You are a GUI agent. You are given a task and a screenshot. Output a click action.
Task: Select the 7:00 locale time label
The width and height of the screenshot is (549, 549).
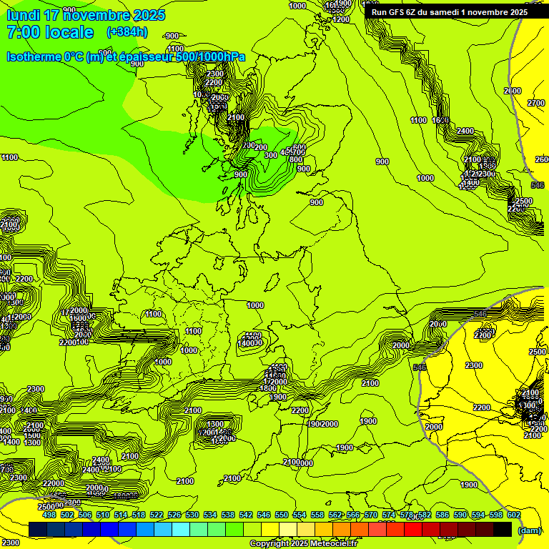(x=49, y=32)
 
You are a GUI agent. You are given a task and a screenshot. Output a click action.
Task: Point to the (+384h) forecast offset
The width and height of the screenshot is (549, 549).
(x=127, y=32)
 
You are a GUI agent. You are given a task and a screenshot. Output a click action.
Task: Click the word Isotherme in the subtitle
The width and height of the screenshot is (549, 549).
(x=33, y=56)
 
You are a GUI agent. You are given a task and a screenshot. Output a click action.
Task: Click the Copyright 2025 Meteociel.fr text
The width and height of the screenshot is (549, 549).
(x=304, y=544)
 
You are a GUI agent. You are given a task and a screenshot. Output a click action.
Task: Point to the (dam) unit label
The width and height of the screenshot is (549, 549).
(x=529, y=530)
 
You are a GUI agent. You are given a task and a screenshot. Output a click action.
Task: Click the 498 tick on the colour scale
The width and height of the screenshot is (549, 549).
(x=49, y=515)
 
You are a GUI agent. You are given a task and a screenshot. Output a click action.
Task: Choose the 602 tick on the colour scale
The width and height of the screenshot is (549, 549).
(x=514, y=515)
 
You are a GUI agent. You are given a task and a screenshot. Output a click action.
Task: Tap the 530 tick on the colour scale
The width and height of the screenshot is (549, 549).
(x=192, y=515)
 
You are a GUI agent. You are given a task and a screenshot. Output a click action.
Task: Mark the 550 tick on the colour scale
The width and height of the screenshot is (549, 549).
(x=282, y=515)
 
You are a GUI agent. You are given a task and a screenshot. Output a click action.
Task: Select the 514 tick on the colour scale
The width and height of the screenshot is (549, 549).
(x=121, y=515)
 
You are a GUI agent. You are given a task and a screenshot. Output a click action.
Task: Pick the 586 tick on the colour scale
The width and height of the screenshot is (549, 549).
(x=442, y=515)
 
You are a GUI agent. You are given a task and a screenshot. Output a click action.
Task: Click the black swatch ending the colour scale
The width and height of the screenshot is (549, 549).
(x=503, y=529)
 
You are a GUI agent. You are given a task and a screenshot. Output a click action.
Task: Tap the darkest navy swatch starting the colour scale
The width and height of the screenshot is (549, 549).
(x=39, y=529)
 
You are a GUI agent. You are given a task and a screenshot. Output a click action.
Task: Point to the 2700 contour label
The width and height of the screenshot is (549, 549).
(x=536, y=104)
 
